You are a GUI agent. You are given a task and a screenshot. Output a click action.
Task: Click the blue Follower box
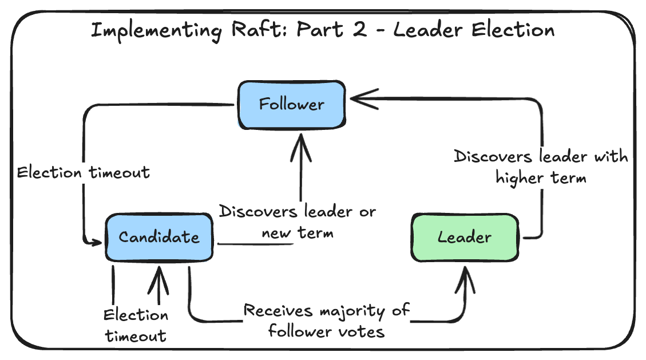pyautogui.click(x=291, y=105)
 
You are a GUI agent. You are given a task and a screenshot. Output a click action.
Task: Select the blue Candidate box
pyautogui.click(x=159, y=237)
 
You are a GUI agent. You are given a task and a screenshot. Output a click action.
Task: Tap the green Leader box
pyautogui.click(x=465, y=237)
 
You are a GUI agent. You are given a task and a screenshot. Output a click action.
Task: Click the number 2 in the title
pyautogui.click(x=359, y=29)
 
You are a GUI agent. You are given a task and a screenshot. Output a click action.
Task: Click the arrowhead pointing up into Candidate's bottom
pyautogui.click(x=158, y=275)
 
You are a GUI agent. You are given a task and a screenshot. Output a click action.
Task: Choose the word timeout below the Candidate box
pyautogui.click(x=136, y=336)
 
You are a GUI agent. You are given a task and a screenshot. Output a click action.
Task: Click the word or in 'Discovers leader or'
pyautogui.click(x=366, y=212)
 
